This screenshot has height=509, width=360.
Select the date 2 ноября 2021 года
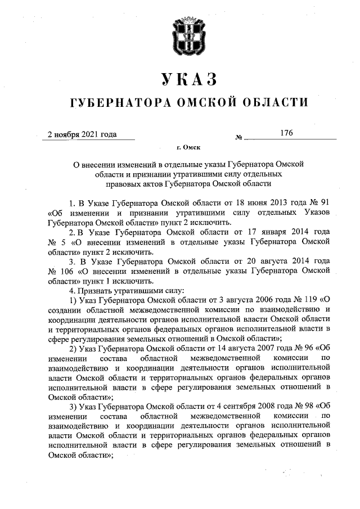pos(82,134)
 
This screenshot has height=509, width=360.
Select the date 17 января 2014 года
pos(293,232)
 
